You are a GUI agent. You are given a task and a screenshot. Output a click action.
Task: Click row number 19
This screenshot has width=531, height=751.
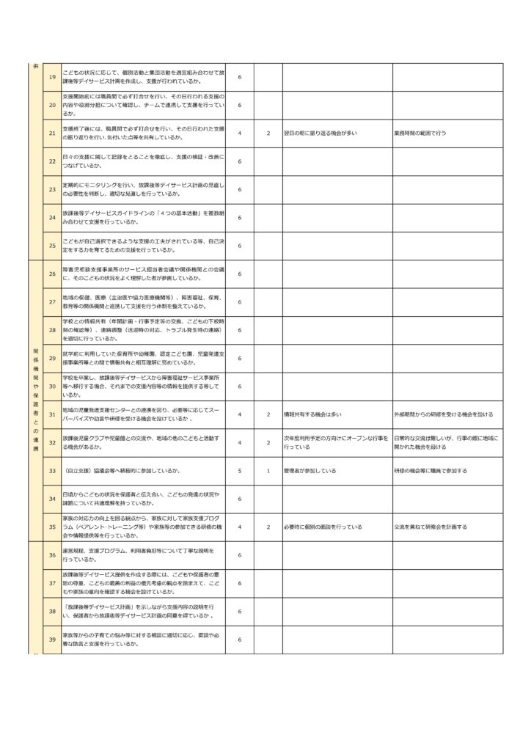coord(52,77)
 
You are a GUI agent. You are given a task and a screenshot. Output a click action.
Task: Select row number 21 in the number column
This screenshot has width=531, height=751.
coord(52,133)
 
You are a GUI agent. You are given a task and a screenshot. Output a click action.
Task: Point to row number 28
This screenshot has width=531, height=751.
coord(52,330)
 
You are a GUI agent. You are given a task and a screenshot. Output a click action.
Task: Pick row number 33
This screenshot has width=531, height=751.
coord(52,470)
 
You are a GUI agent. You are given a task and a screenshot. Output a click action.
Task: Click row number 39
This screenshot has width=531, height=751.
coord(52,640)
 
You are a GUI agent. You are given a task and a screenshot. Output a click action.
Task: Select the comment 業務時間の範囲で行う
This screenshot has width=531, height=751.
coord(420,133)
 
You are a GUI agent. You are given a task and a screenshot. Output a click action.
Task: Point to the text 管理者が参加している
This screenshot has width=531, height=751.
coord(310,470)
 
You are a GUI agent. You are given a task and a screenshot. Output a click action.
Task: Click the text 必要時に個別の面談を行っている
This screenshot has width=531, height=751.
coord(322,527)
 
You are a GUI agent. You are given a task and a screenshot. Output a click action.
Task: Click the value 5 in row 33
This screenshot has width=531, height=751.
coord(240,470)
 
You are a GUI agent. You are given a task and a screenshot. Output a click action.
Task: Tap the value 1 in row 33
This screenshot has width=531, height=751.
coord(268,470)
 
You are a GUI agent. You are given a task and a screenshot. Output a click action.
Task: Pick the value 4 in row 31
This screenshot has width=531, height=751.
coord(240,414)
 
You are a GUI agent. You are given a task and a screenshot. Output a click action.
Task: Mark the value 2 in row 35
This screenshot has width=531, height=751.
coord(268,527)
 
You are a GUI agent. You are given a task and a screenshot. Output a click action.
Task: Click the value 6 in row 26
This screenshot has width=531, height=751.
coord(240,274)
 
